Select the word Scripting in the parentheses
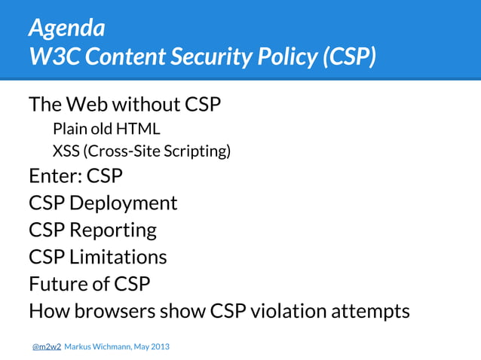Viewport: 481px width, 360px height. point(199,151)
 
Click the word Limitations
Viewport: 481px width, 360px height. point(118,257)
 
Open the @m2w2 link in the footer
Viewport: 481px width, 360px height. point(46,346)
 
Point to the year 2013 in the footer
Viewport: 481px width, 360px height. point(159,346)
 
